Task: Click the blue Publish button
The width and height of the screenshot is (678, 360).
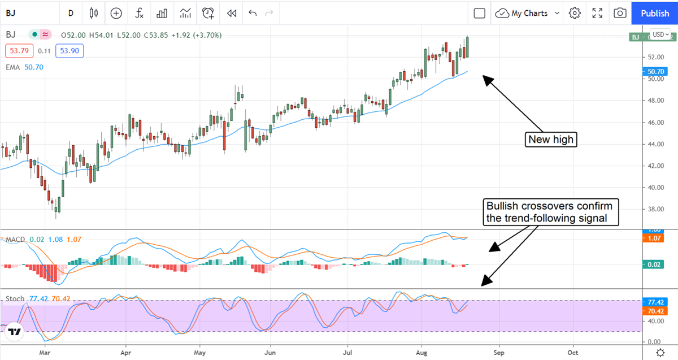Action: pos(655,13)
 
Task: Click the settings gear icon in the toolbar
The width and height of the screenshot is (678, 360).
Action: pos(575,13)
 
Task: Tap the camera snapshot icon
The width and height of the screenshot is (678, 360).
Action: pos(620,13)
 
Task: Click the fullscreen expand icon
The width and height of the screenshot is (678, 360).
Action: pos(597,13)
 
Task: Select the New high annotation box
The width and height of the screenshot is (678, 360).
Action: pos(551,140)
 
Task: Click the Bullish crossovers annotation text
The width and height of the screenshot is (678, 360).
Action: pos(549,211)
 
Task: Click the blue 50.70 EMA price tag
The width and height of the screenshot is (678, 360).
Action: pos(655,72)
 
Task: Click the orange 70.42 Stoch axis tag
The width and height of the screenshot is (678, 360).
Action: pos(655,311)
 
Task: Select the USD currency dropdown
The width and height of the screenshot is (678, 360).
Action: pos(660,34)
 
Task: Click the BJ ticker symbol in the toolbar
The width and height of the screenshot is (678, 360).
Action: pos(12,13)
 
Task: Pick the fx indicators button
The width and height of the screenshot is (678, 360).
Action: pos(139,13)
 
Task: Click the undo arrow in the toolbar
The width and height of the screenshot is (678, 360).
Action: pos(252,13)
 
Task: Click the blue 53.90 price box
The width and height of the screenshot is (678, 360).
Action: pos(70,51)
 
